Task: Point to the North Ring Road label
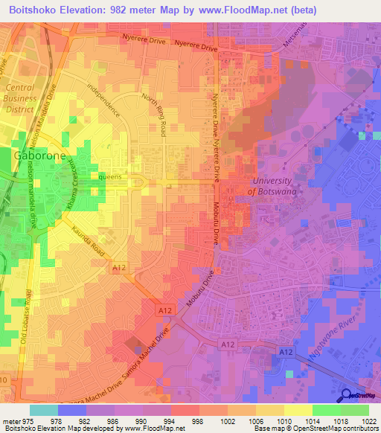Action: tap(154, 114)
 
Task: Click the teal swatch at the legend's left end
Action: tap(44, 409)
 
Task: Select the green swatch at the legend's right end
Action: tap(355, 409)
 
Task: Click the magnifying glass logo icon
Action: tap(348, 395)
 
